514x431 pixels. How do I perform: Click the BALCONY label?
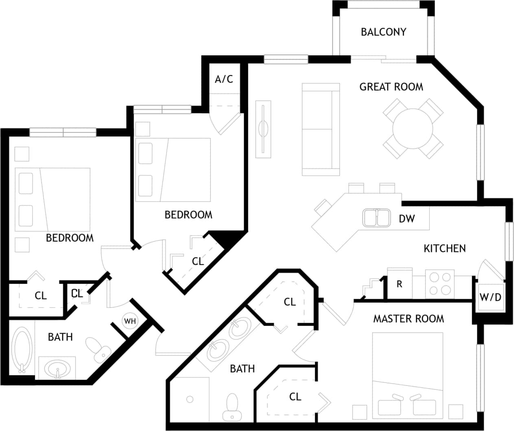(383, 32)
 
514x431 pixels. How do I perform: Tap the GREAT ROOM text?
(391, 87)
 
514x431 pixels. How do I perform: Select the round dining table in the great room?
(413, 129)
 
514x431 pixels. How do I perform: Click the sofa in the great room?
(321, 130)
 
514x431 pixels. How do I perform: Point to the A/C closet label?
(224, 79)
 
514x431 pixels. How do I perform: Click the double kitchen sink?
(376, 217)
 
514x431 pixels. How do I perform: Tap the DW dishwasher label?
(407, 219)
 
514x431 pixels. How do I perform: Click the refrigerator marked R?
(399, 284)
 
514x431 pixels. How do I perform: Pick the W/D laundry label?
(490, 297)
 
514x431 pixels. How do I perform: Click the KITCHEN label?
(444, 248)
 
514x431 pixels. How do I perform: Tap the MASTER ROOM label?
(409, 319)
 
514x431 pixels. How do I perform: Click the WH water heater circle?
(130, 321)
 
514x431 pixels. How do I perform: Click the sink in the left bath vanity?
(57, 369)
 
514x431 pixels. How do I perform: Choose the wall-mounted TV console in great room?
(263, 129)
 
